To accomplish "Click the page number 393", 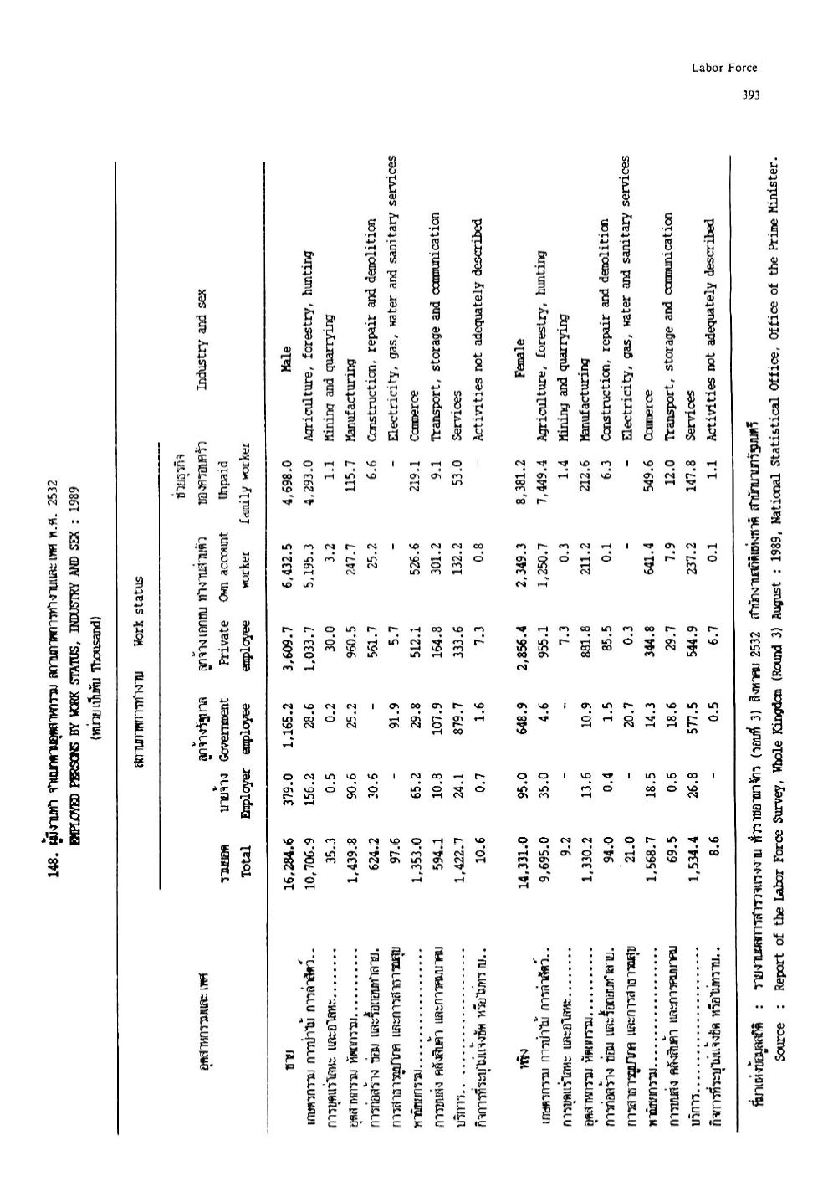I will pos(749,95).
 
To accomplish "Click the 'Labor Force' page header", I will pos(724,68).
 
